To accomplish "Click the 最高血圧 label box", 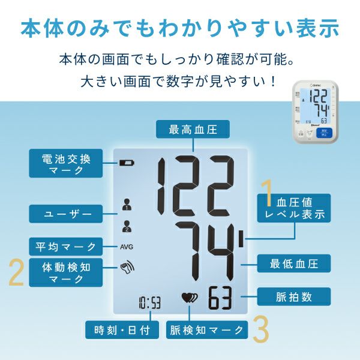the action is coord(193,129).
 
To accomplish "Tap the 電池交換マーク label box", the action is coord(65,163).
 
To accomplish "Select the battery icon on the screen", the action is coord(127,163).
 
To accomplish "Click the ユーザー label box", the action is coord(65,214).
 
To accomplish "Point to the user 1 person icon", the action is coord(127,205).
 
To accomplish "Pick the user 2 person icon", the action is coord(127,226).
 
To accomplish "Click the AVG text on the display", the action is coord(127,247).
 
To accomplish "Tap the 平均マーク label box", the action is coord(65,247).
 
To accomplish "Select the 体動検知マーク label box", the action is coord(65,272).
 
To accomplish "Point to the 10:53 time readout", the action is coord(149,303).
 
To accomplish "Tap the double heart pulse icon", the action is coord(190,298).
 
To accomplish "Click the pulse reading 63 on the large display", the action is coord(220,298).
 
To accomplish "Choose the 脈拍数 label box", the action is coord(294,296).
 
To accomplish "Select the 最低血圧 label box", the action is coord(294,263).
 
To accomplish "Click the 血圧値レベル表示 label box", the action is coord(294,208).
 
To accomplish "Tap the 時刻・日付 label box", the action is coord(122,330).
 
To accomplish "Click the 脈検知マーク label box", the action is coord(207,330).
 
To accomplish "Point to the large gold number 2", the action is coord(17,272).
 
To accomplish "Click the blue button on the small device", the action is coord(324,133).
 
